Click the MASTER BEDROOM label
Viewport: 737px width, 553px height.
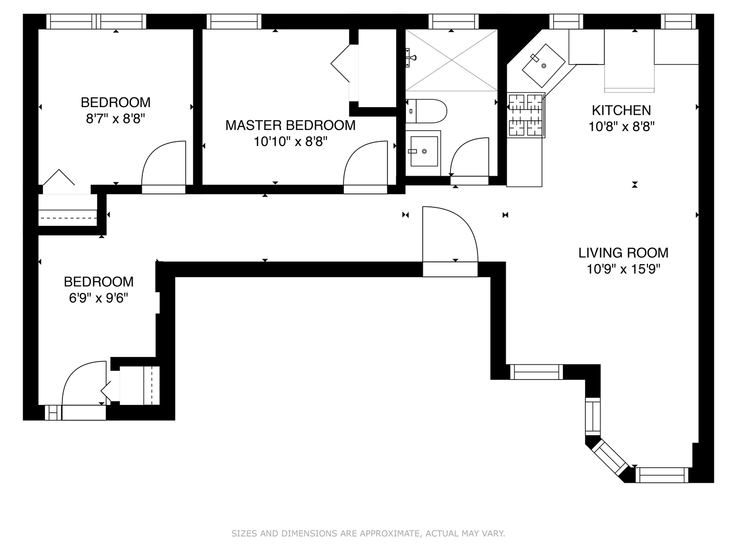(x=290, y=125)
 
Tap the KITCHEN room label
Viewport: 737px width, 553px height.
(x=621, y=110)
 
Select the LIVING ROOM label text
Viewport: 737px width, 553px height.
(x=623, y=252)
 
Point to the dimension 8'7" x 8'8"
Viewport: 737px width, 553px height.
(x=116, y=119)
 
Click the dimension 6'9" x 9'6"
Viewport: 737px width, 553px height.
(x=98, y=297)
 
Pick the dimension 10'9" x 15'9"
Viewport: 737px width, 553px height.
(x=623, y=269)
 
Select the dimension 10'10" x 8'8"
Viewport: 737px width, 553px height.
(x=290, y=141)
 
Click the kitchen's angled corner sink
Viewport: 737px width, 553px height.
(x=543, y=66)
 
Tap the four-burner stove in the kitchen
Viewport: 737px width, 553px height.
(x=526, y=115)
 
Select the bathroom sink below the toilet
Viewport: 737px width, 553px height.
(x=424, y=151)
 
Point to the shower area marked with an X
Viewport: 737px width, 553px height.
(x=451, y=60)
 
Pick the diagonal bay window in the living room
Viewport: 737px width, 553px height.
(x=610, y=457)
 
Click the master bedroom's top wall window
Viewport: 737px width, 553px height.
(x=234, y=22)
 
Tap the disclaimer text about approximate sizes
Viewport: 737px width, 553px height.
(x=368, y=534)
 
